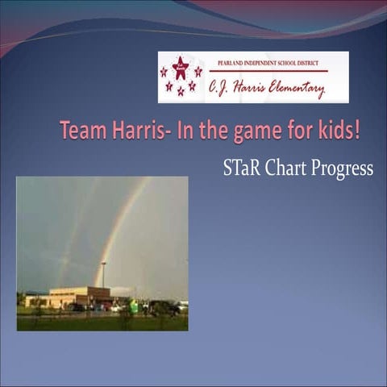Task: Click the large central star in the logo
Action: point(180,68)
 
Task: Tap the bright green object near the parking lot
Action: point(134,306)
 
